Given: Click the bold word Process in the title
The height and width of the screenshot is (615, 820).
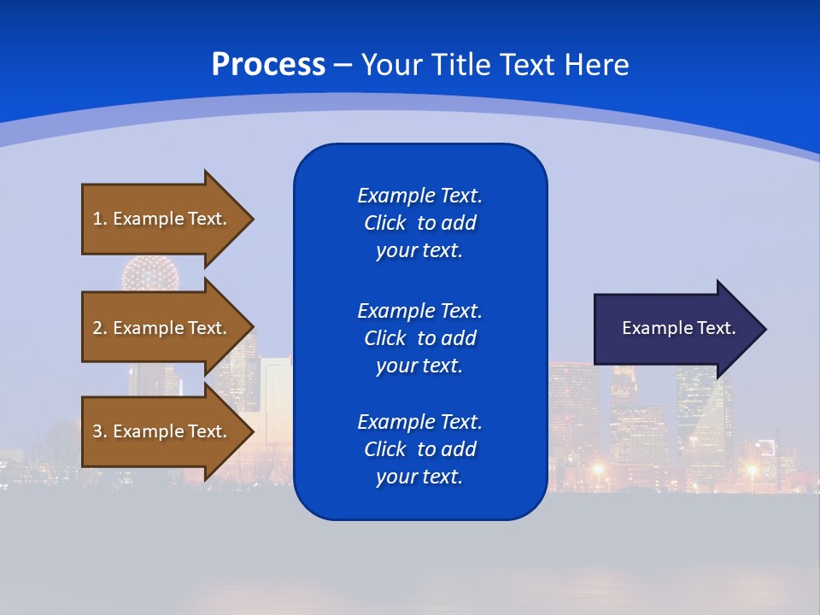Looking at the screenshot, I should [268, 65].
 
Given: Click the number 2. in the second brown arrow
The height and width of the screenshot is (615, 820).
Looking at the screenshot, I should [99, 328].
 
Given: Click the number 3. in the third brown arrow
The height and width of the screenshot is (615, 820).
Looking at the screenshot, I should [99, 431].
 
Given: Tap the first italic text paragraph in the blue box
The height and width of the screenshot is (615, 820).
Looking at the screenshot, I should [419, 223].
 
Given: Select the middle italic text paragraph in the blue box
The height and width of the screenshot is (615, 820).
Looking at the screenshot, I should [419, 338].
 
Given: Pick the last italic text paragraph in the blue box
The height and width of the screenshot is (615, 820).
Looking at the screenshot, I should [419, 449].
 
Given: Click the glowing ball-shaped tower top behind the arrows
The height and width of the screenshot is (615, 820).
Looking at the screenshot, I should [149, 273].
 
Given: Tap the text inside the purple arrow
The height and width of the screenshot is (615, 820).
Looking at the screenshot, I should [678, 328].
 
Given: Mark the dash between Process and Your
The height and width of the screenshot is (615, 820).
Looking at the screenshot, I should [343, 65].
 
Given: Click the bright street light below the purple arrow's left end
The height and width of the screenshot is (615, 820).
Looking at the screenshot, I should [598, 469].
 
